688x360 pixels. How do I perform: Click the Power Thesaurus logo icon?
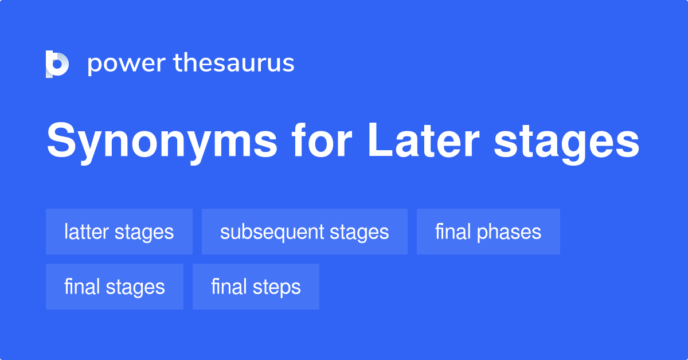click(x=57, y=64)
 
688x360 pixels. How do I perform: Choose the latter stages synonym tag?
click(x=119, y=232)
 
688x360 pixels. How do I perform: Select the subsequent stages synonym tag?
click(x=304, y=232)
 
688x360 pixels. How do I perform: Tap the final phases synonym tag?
click(x=488, y=232)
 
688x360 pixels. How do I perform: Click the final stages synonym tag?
click(x=115, y=287)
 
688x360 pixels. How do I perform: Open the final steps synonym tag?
click(x=256, y=287)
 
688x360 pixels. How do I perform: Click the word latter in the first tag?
click(x=87, y=232)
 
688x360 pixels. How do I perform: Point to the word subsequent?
click(x=272, y=232)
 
